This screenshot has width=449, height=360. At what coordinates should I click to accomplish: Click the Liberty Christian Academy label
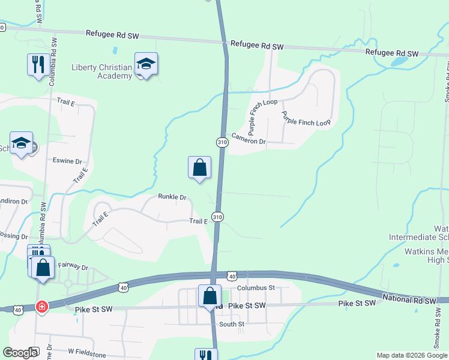pos(102,71)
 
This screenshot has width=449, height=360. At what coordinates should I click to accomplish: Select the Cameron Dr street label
pos(249,141)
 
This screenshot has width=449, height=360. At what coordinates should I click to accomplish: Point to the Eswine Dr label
pos(67,161)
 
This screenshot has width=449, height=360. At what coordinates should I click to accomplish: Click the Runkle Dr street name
pos(172,197)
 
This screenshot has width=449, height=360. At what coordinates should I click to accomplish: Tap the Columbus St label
pos(255,288)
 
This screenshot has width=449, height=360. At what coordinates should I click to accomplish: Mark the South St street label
pos(232,324)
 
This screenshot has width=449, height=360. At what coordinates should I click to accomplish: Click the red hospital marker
pos(42,307)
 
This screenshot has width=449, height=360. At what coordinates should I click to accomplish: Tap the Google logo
pos(20,353)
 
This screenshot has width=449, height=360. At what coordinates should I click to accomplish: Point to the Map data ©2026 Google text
pos(411,355)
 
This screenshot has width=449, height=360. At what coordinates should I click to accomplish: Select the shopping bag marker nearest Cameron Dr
pos(200,168)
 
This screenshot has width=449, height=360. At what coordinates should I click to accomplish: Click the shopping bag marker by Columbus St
pos(209,296)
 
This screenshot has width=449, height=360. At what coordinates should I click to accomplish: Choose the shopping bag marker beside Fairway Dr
pos(43,268)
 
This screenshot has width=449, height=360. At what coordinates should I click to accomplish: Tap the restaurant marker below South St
pos(206,355)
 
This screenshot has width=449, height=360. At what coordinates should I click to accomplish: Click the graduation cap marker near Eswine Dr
pos(22,143)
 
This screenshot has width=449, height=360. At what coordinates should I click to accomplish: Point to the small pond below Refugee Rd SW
pos(399,61)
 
